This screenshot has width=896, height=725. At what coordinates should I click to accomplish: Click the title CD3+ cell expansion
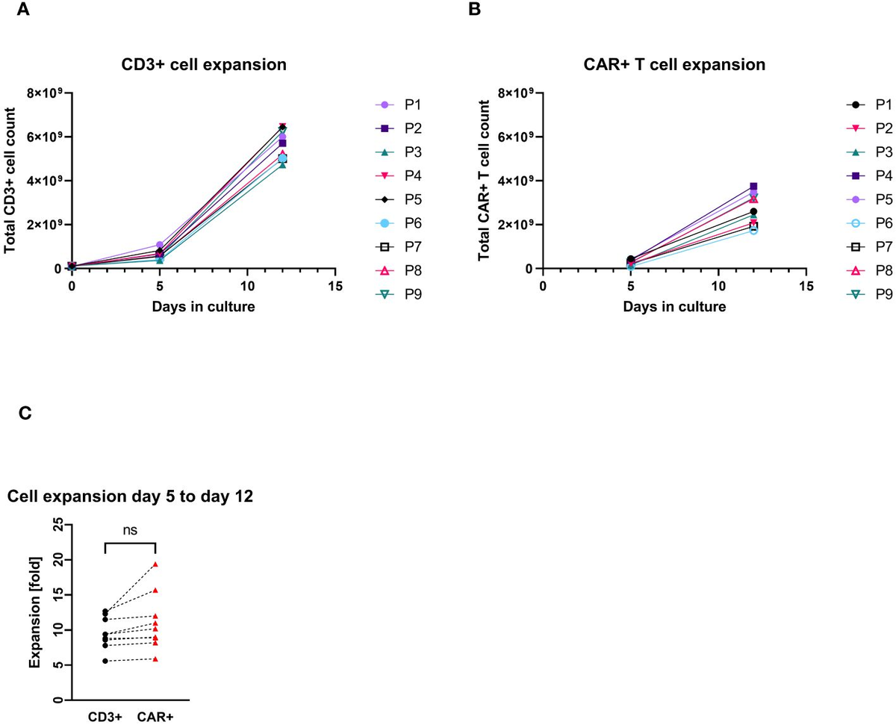click(x=203, y=65)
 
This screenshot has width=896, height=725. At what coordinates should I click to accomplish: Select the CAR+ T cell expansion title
click(x=673, y=65)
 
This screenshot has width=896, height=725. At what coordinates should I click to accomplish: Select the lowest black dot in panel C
click(x=106, y=661)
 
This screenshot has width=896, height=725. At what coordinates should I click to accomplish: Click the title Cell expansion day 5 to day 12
click(x=130, y=497)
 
